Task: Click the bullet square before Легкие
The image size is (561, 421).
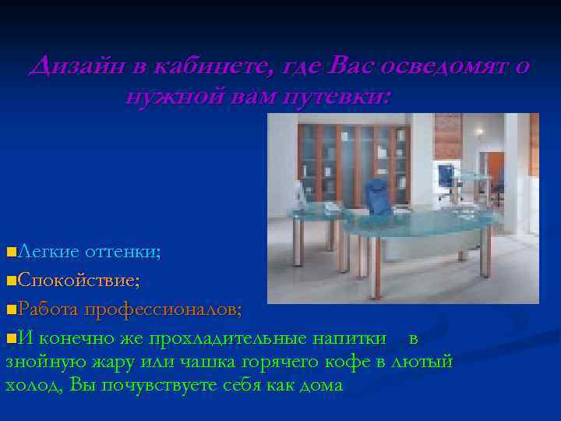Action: click(x=10, y=252)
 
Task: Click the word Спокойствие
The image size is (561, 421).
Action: click(x=79, y=280)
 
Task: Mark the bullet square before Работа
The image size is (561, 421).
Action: click(x=10, y=310)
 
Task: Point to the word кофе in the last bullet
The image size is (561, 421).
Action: click(x=353, y=362)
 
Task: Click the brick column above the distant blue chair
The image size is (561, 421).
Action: click(x=447, y=136)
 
